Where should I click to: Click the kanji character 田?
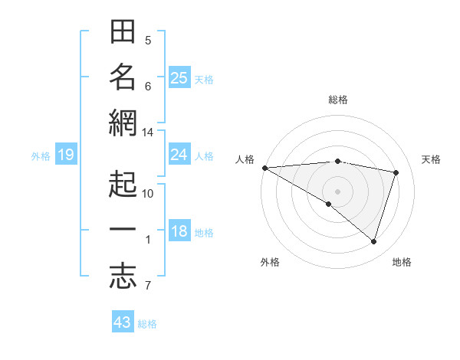tap(123, 34)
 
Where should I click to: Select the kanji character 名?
tap(123, 77)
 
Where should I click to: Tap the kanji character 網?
tap(123, 123)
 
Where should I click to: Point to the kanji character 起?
tap(123, 185)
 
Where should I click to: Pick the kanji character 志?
tap(123, 277)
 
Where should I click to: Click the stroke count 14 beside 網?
tap(148, 133)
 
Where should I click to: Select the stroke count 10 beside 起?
tap(148, 193)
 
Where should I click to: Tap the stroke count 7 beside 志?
tap(148, 286)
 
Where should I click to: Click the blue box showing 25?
tap(179, 77)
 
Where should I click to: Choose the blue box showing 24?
tap(179, 155)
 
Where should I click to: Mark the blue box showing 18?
tap(179, 232)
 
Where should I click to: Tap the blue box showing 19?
tap(65, 155)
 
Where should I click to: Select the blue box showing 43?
tap(123, 322)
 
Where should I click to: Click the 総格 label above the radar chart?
tap(338, 100)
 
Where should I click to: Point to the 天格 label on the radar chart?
tap(431, 159)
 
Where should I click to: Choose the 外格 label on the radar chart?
tap(270, 262)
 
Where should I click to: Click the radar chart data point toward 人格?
tap(264, 168)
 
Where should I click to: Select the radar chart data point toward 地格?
tap(373, 241)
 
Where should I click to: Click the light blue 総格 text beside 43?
tap(147, 324)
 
